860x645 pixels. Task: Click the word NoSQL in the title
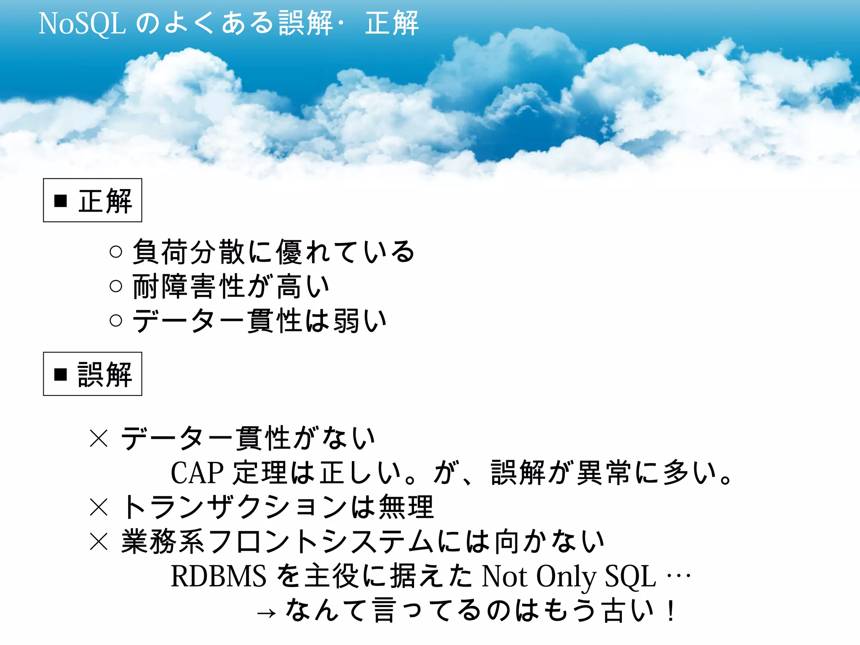[82, 24]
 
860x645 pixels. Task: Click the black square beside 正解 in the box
[61, 201]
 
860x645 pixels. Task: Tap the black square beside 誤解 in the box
[61, 374]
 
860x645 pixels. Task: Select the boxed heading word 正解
[105, 201]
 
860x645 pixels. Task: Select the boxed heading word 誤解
[105, 375]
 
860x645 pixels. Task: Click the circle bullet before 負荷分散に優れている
[115, 252]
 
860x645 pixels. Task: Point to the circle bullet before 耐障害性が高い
[115, 286]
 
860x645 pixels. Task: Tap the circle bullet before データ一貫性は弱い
[115, 321]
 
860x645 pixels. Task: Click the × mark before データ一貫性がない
[99, 438]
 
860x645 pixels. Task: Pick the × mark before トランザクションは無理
[99, 507]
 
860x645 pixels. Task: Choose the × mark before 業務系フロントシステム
[99, 541]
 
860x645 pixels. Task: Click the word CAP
[197, 473]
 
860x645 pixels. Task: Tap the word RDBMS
[218, 576]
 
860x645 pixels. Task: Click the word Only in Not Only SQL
[566, 576]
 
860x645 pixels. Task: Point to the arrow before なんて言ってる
[266, 614]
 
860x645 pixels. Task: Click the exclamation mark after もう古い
[671, 611]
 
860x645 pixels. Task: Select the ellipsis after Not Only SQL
[679, 576]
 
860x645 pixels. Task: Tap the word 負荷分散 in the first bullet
[189, 252]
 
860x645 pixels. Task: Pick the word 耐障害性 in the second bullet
[189, 286]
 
